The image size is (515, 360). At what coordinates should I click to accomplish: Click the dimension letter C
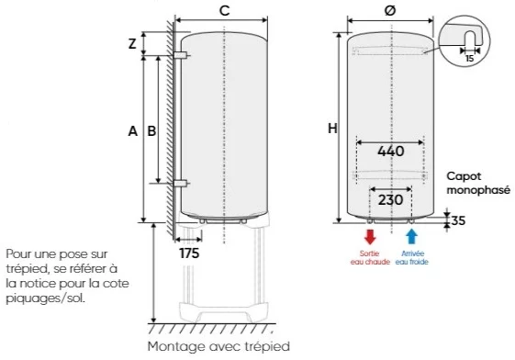[224, 10]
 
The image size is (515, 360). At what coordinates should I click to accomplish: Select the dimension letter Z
[132, 44]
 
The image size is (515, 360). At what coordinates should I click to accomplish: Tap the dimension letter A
[133, 131]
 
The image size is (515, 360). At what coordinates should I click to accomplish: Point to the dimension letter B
[151, 131]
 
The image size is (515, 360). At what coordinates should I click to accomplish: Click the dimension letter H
[332, 128]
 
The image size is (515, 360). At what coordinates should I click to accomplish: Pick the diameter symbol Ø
[390, 10]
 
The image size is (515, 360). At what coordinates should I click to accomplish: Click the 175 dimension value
[189, 253]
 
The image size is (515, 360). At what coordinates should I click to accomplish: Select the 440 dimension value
[390, 152]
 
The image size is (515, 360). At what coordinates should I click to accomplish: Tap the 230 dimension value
[390, 199]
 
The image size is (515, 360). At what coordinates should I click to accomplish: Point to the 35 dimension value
[458, 220]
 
